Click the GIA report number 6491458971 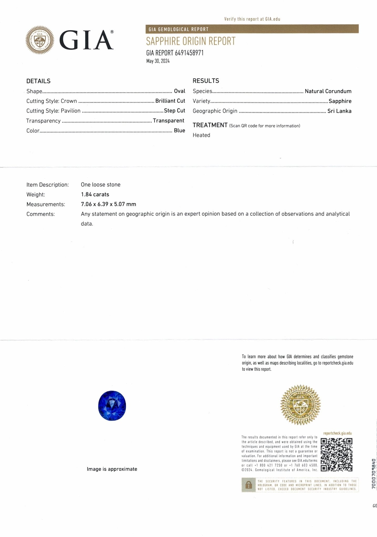189,53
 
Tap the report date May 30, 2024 158,61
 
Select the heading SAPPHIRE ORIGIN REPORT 191,41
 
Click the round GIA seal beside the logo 40,40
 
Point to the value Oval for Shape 179,91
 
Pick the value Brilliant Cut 170,101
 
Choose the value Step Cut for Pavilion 174,111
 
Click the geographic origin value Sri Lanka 339,111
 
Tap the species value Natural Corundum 328,91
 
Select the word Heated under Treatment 201,135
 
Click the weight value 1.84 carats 95,194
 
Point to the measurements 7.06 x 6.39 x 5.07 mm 108,204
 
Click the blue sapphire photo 112,405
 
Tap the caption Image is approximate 112,469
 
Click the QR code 337,455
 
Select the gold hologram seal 300,405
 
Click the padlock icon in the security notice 248,485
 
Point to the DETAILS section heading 38,81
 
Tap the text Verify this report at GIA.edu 252,19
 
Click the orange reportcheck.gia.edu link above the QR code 337,433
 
